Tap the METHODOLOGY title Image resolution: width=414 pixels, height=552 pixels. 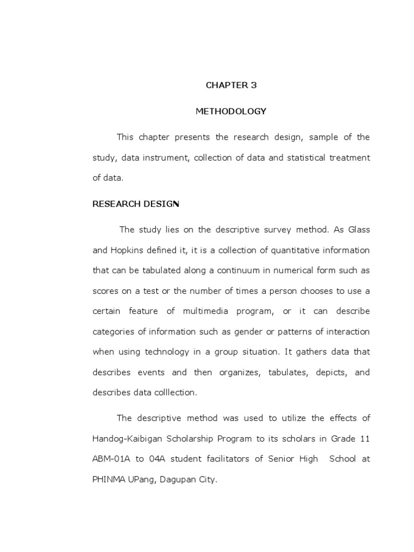(x=231, y=112)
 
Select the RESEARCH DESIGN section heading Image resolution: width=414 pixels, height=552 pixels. (x=136, y=204)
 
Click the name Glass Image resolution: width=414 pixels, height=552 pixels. (x=358, y=230)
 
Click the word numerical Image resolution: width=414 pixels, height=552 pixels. (x=289, y=271)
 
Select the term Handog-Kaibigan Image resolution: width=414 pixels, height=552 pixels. (x=125, y=439)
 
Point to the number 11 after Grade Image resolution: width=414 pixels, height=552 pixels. (x=364, y=439)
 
